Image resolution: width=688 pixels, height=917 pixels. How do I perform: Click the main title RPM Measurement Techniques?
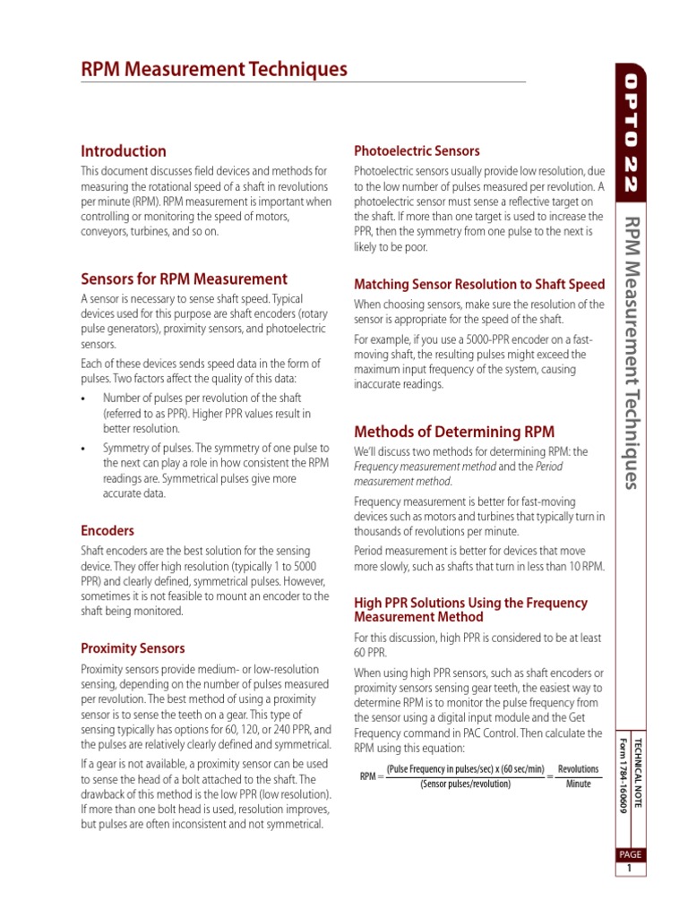214,70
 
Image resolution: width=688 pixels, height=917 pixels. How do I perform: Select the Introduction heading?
124,151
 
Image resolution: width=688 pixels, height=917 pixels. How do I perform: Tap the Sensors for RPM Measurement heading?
185,279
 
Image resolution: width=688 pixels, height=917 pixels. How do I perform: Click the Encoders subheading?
107,531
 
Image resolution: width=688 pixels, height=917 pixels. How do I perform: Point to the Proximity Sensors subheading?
133,648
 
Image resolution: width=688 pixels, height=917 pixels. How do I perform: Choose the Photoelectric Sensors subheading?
417,151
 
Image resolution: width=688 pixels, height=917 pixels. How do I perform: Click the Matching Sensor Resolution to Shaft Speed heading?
479,285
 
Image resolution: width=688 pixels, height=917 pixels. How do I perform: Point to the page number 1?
630,869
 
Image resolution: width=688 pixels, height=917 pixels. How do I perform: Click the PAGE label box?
630,854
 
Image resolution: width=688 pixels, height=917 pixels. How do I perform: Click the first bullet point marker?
83,399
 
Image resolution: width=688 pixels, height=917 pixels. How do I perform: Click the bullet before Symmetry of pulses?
83,449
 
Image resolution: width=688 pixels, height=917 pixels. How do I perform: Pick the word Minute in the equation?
579,784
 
